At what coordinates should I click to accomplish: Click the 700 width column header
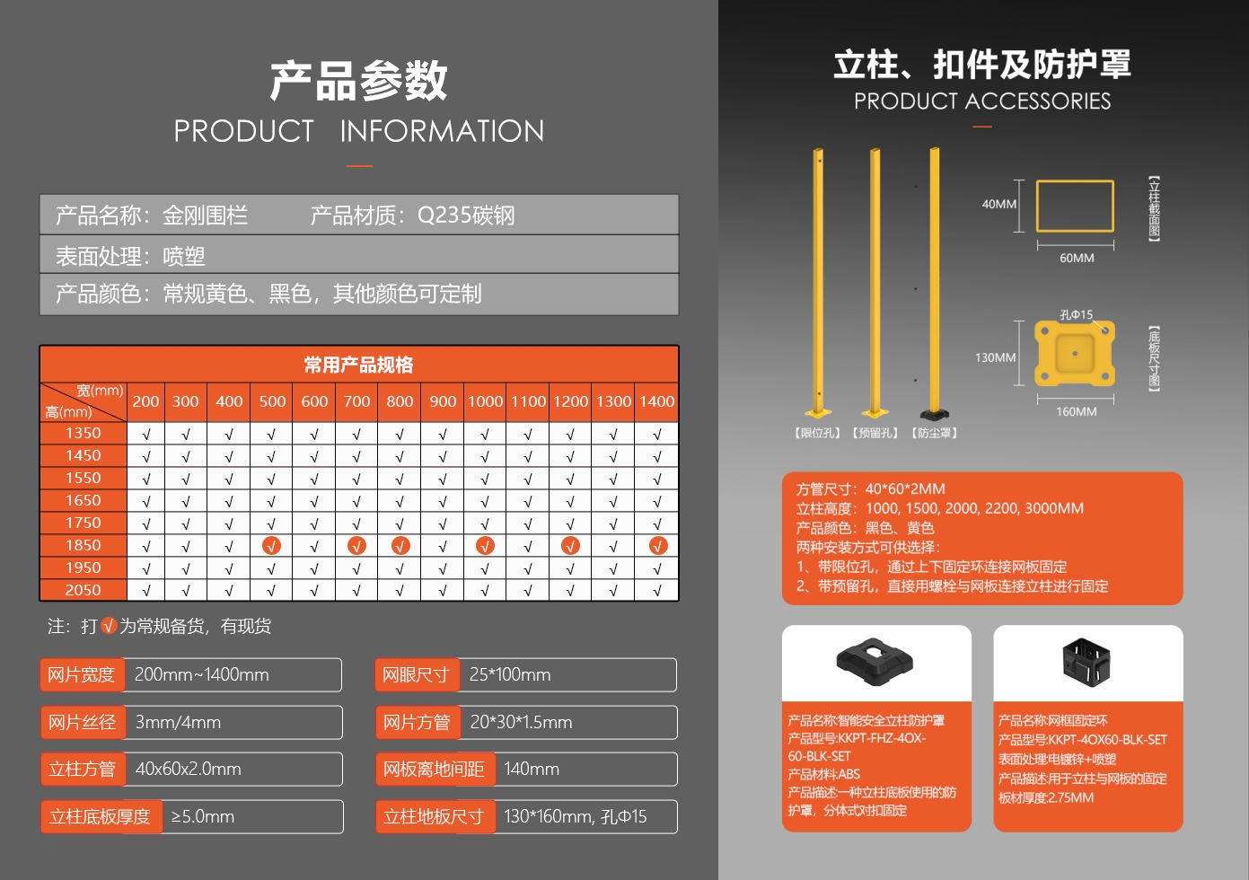(356, 401)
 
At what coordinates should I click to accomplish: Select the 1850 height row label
(84, 545)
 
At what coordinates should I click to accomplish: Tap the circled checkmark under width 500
(271, 546)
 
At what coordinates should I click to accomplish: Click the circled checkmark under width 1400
(658, 546)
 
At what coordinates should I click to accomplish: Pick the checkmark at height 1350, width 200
(146, 435)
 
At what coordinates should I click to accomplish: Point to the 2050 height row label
(84, 590)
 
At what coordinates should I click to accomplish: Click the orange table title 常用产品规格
(358, 365)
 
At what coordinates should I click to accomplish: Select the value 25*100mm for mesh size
(510, 674)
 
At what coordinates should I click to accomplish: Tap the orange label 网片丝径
(83, 722)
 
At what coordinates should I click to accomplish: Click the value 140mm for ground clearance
(532, 769)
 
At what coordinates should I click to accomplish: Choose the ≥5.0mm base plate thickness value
(202, 816)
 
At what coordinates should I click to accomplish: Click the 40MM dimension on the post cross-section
(998, 204)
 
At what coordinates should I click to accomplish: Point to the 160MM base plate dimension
(1076, 411)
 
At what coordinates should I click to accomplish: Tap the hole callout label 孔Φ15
(1076, 315)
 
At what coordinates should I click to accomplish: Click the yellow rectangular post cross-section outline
(1075, 180)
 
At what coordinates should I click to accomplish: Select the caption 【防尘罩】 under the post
(935, 433)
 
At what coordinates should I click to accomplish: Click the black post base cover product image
(875, 662)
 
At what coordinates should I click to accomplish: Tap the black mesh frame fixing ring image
(1086, 662)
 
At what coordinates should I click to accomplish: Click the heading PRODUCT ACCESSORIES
(982, 101)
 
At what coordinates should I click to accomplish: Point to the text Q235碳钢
(466, 216)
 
